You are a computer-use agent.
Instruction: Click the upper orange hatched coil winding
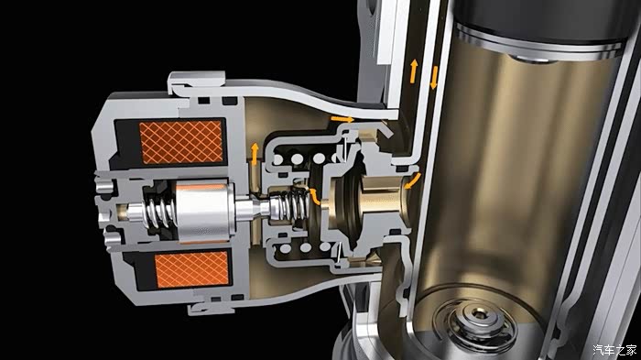pos(181,142)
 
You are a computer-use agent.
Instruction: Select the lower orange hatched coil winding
pos(191,269)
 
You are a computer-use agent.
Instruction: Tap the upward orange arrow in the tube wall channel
pos(414,71)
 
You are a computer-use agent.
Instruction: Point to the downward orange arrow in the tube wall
pos(434,78)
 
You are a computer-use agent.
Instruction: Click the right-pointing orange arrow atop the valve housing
pos(342,119)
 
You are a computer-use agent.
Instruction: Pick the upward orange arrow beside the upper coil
pos(255,153)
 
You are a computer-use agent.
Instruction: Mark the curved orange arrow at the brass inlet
pos(413,181)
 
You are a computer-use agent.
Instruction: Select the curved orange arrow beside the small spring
pos(314,196)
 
